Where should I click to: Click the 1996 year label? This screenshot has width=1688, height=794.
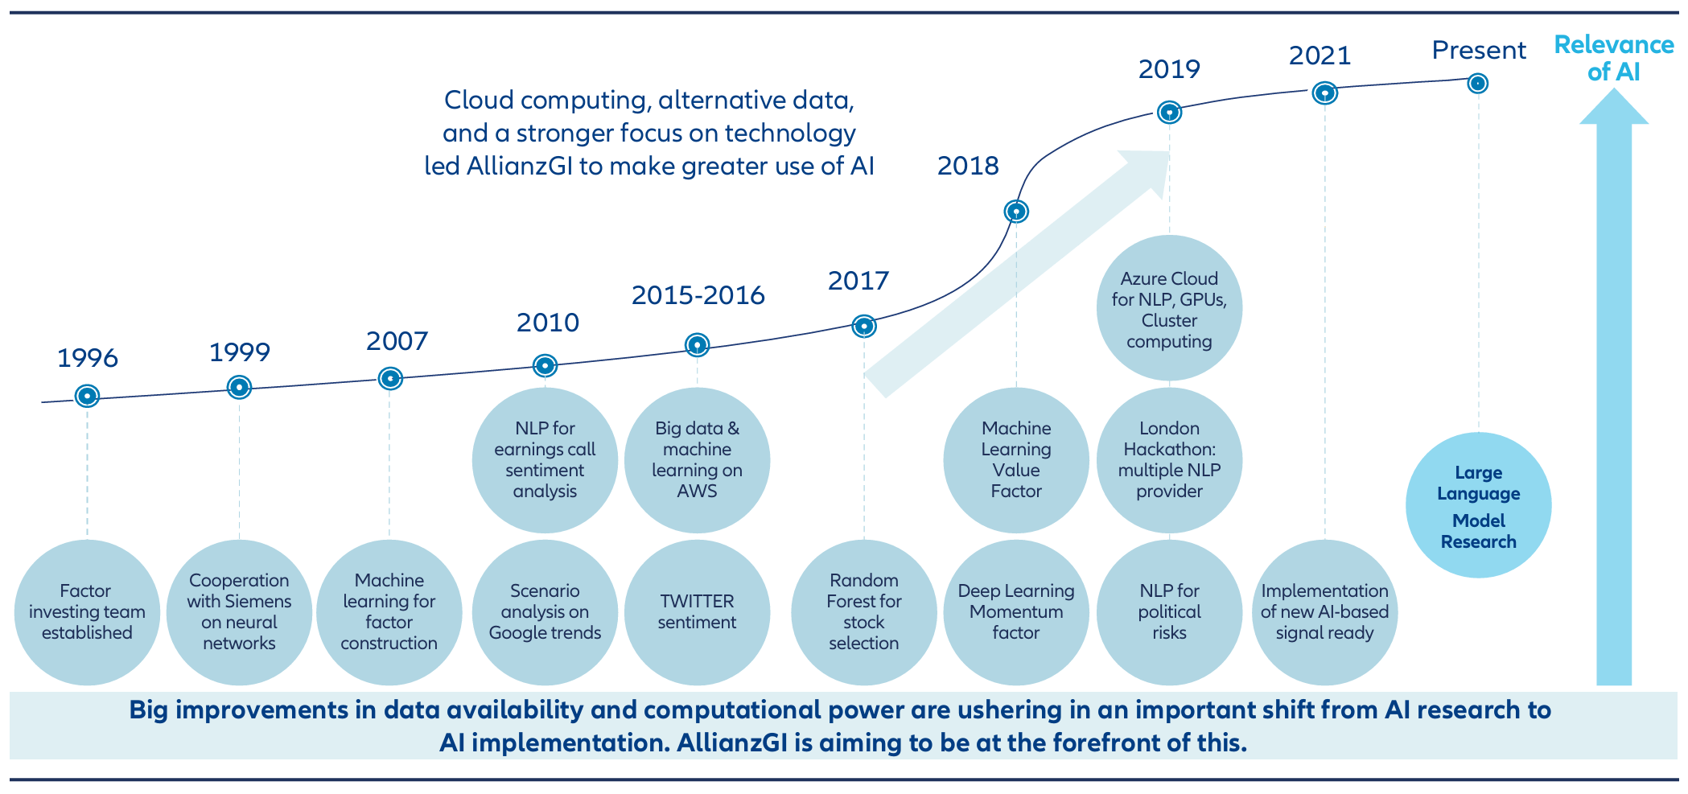88,358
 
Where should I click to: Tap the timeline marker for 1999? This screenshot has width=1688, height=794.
239,387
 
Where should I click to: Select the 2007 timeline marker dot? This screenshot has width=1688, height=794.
390,378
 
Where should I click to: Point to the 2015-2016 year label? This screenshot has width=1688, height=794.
698,295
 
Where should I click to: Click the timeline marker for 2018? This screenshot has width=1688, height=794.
1016,212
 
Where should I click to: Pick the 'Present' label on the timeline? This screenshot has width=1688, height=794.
1479,51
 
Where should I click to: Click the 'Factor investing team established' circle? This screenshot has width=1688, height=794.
87,612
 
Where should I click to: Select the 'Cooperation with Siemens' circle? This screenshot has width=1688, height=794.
239,612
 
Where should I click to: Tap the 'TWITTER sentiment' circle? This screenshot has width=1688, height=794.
697,612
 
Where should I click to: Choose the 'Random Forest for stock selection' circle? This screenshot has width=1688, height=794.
864,612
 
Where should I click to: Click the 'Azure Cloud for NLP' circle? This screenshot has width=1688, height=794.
1169,308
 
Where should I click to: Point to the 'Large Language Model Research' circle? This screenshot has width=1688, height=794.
1479,505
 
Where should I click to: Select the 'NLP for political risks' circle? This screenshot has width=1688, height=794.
1169,612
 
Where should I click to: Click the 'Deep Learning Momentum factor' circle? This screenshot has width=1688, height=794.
1016,612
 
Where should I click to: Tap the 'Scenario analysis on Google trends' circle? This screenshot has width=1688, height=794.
545,612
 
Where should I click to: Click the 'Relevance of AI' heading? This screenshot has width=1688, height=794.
1614,58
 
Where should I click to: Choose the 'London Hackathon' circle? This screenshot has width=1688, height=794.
1169,460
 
